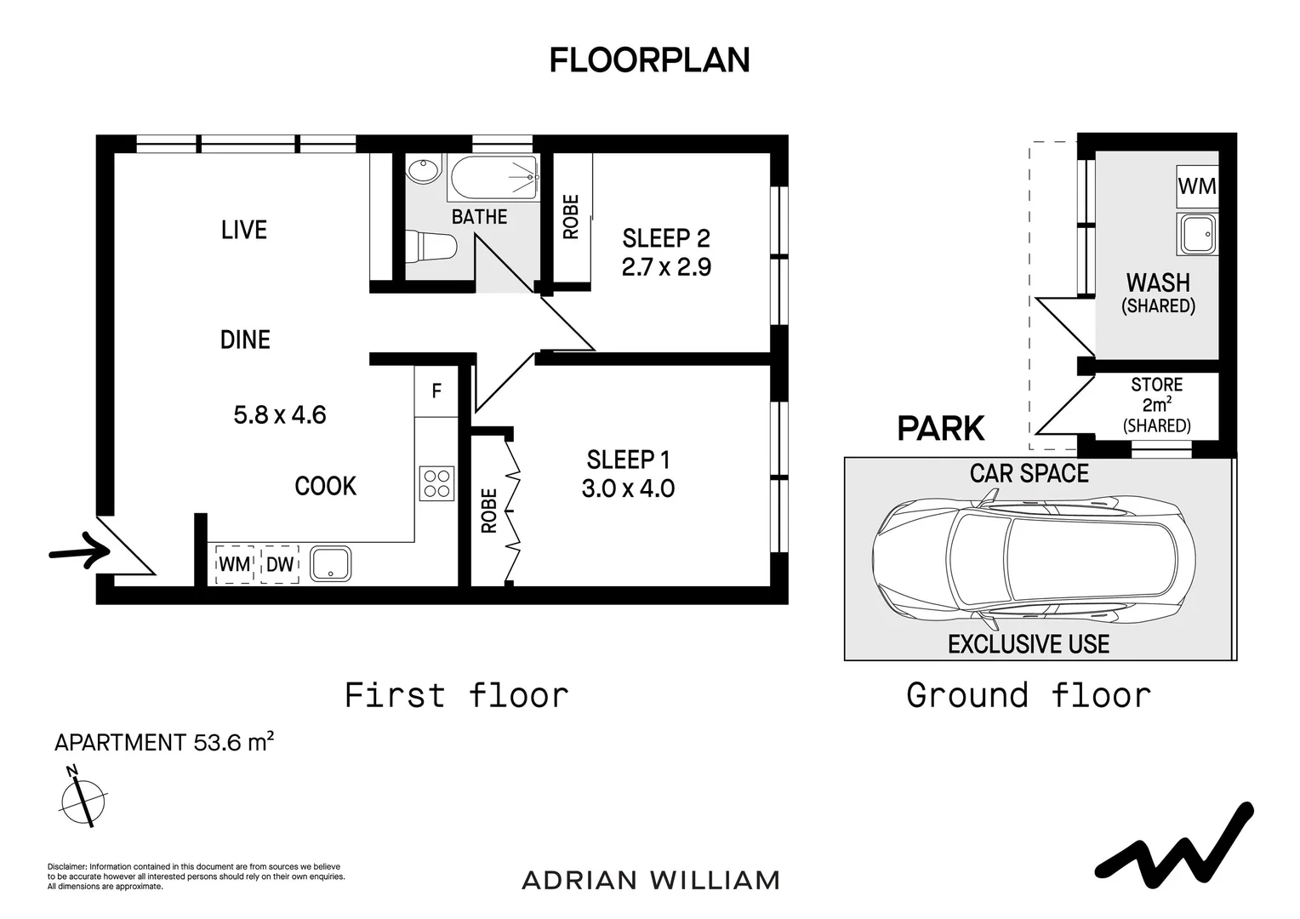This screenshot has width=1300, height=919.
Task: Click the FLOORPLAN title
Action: tap(649, 60)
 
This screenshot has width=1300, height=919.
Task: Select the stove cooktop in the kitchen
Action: tap(436, 483)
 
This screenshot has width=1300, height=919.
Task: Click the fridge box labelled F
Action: tap(436, 391)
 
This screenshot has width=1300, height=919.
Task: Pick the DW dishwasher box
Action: tap(280, 563)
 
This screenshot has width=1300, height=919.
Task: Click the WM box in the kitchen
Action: tap(235, 563)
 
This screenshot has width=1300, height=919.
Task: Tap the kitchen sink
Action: tap(330, 563)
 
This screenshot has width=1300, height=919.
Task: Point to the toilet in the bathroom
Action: tap(430, 246)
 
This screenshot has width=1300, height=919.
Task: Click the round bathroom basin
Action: tap(425, 170)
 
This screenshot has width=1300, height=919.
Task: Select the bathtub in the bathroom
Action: tap(494, 177)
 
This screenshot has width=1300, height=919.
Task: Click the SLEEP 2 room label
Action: tap(666, 238)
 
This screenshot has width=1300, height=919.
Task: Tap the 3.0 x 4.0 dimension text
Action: tap(628, 488)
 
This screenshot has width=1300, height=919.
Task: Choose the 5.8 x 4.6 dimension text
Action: tap(280, 415)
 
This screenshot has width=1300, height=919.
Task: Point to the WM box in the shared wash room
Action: tap(1197, 186)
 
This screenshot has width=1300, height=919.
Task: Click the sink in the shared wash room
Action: tap(1197, 234)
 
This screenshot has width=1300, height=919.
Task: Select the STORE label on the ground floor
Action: tap(1157, 385)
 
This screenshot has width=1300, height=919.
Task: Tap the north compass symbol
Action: tap(83, 797)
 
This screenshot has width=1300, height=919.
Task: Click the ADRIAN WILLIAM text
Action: tap(651, 880)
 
